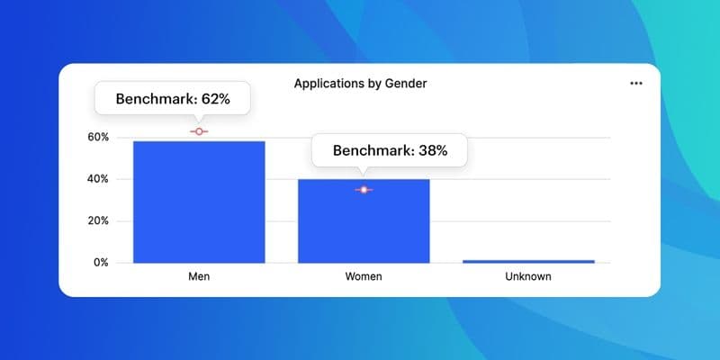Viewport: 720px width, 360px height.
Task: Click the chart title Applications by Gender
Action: click(x=360, y=84)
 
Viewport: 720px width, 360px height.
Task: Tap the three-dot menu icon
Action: click(x=636, y=83)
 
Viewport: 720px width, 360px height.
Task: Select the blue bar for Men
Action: click(x=199, y=202)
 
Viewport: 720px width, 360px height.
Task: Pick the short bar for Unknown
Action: click(x=528, y=261)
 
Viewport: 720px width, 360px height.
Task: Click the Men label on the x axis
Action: click(x=199, y=276)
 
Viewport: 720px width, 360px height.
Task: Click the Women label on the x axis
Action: click(x=364, y=276)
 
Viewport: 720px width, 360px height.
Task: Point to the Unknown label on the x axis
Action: click(x=528, y=276)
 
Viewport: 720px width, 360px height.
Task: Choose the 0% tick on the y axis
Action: click(x=101, y=263)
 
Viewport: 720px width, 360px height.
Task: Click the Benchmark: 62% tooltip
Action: click(x=173, y=99)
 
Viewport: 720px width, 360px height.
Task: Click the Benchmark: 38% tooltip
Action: click(x=390, y=150)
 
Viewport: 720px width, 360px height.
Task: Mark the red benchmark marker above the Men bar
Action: click(x=199, y=131)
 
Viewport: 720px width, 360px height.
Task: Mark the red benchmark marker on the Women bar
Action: click(x=364, y=190)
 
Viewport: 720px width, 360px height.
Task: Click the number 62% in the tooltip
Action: click(x=214, y=99)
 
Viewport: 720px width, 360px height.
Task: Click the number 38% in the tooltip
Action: click(x=431, y=150)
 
